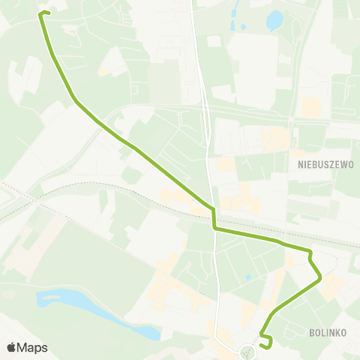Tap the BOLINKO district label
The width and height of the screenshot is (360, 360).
click(327, 331)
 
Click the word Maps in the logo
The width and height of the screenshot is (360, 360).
click(33, 348)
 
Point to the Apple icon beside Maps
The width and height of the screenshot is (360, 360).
click(12, 348)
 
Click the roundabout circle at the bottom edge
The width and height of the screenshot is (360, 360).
click(248, 350)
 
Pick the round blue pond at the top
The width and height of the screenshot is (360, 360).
click(274, 19)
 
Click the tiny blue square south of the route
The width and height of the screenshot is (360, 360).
click(248, 278)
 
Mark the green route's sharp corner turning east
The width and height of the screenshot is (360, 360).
click(214, 228)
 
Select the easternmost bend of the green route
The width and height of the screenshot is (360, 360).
click(320, 277)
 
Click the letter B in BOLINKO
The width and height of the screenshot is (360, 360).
click(311, 331)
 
